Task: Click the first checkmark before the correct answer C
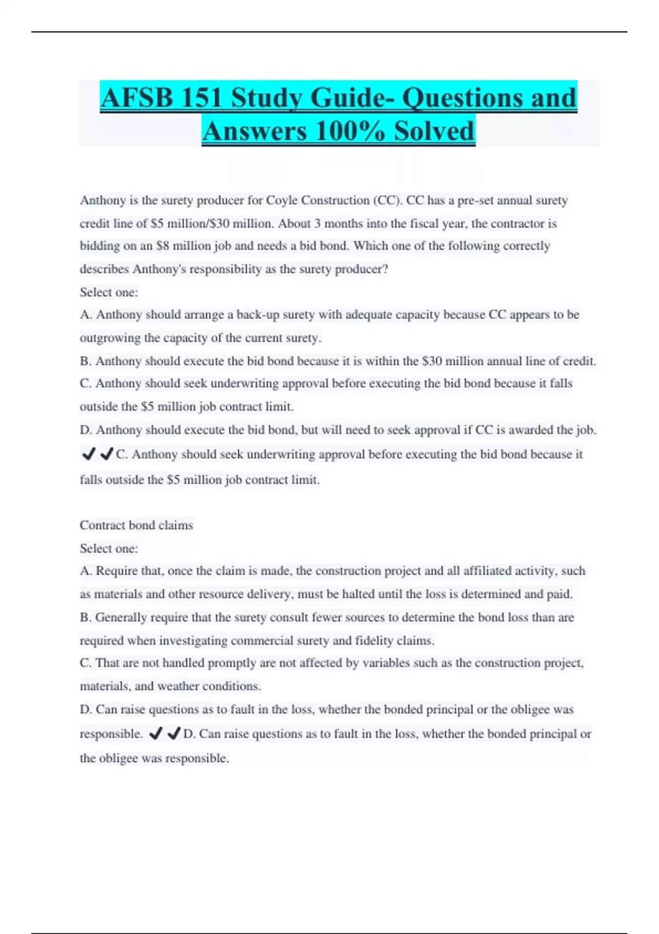(x=88, y=454)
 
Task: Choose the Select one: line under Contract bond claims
(x=109, y=548)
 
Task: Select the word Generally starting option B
(x=121, y=618)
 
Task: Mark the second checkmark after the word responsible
(x=174, y=733)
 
